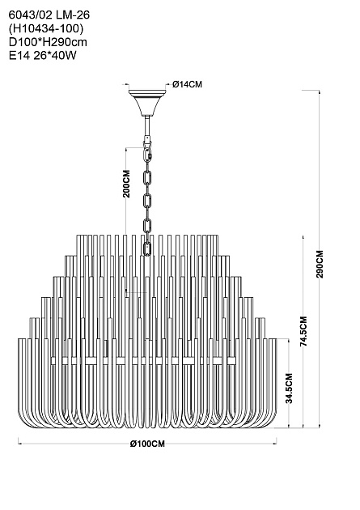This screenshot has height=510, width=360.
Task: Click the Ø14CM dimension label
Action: pos(187,84)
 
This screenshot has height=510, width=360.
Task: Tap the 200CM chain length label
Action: pos(126,184)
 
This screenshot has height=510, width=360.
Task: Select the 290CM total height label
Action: pos(320,264)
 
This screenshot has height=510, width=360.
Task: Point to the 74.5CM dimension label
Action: pos(303,331)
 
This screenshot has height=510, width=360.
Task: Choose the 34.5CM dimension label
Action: pos(289,388)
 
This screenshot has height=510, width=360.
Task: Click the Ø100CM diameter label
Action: pos(147,444)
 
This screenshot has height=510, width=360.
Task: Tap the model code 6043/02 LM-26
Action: pos(49,15)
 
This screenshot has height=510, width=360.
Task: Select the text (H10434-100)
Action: pos(46,28)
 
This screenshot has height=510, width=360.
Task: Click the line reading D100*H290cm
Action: pos(48,42)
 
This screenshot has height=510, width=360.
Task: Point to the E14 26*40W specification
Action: pos(43,56)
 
